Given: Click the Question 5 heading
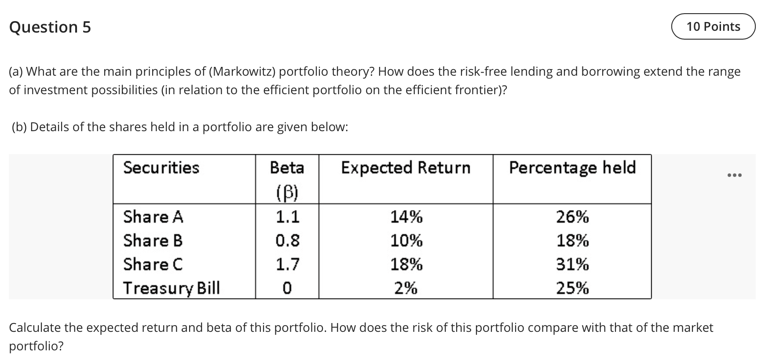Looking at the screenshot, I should [50, 27].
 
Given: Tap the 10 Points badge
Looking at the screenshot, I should [713, 26].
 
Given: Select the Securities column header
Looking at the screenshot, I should [161, 168].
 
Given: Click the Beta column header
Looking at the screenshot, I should [287, 168].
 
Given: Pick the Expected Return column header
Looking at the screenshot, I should [406, 168].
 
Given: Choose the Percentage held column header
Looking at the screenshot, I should [572, 168].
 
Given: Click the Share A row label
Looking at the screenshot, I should [153, 217].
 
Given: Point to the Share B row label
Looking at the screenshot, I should [153, 241].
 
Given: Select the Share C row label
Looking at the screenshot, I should [153, 264].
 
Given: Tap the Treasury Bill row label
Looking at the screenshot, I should [171, 288].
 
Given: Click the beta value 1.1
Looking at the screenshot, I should [287, 217].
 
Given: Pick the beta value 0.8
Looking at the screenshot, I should [287, 241].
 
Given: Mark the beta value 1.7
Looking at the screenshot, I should [287, 264].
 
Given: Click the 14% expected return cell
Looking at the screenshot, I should [406, 217].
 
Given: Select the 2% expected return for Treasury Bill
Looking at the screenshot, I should [406, 288].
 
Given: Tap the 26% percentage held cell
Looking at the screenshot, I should [572, 217].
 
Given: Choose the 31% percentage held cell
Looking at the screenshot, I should [572, 264].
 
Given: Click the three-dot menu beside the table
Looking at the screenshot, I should [734, 176].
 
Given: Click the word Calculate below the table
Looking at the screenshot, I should [35, 327].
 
